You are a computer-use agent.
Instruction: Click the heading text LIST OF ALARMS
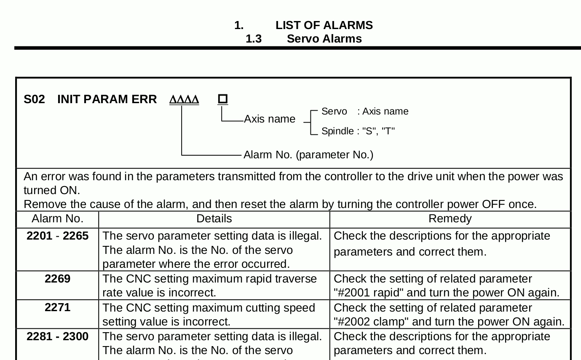click(324, 25)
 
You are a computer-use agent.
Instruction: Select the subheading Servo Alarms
click(324, 39)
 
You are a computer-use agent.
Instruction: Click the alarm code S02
click(34, 99)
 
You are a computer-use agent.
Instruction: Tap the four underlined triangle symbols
click(184, 100)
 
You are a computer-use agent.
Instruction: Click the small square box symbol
click(223, 99)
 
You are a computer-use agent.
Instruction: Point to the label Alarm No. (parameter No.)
click(308, 155)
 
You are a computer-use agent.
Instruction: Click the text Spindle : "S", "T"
click(358, 131)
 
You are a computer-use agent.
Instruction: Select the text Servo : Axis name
click(364, 112)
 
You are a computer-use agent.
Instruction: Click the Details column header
click(214, 219)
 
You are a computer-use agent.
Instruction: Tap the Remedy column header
click(450, 219)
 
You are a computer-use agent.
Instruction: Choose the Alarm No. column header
click(57, 219)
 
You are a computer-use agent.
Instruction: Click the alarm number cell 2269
click(57, 279)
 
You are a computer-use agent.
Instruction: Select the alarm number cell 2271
click(57, 308)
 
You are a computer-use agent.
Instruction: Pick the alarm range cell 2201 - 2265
click(57, 236)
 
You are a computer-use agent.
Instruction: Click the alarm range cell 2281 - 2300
click(57, 336)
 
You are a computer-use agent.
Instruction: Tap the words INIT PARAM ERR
click(107, 99)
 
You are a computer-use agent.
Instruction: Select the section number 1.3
click(254, 39)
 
